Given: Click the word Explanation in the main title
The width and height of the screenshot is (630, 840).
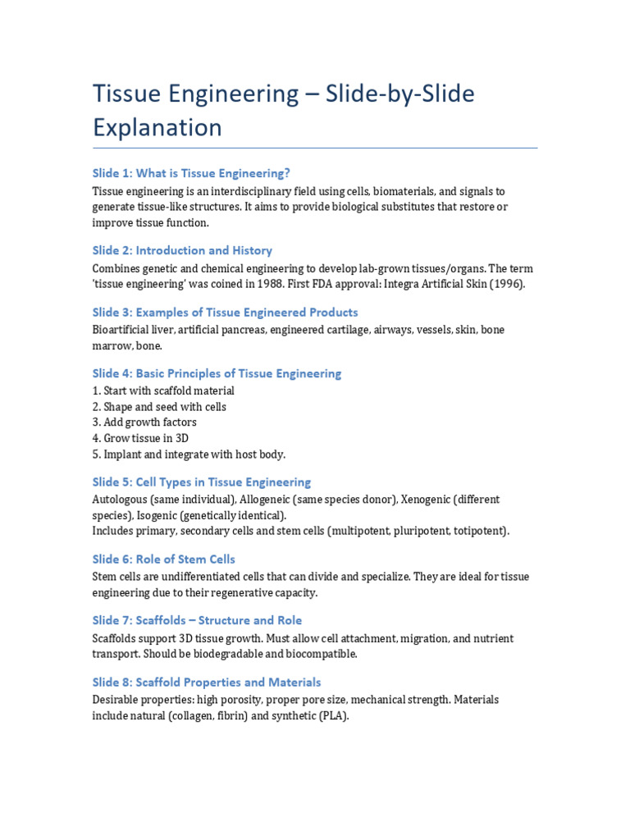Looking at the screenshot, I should pyautogui.click(x=157, y=128).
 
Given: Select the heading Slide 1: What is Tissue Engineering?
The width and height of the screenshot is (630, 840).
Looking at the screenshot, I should pyautogui.click(x=191, y=173).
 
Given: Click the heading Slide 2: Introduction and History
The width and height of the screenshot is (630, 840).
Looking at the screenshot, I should pyautogui.click(x=182, y=250).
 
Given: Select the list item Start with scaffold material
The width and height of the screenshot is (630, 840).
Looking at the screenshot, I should pyautogui.click(x=163, y=391).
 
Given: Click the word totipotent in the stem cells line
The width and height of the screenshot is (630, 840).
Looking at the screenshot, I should pyautogui.click(x=478, y=531).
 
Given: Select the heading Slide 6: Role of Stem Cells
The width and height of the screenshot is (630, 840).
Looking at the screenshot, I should pyautogui.click(x=164, y=559).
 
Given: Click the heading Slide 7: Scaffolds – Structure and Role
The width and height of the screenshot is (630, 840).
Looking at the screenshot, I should pyautogui.click(x=197, y=620).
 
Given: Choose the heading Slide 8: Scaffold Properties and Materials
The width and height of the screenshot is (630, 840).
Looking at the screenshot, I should pyautogui.click(x=207, y=682).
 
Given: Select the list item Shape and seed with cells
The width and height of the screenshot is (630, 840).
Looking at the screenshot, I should pyautogui.click(x=159, y=407).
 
